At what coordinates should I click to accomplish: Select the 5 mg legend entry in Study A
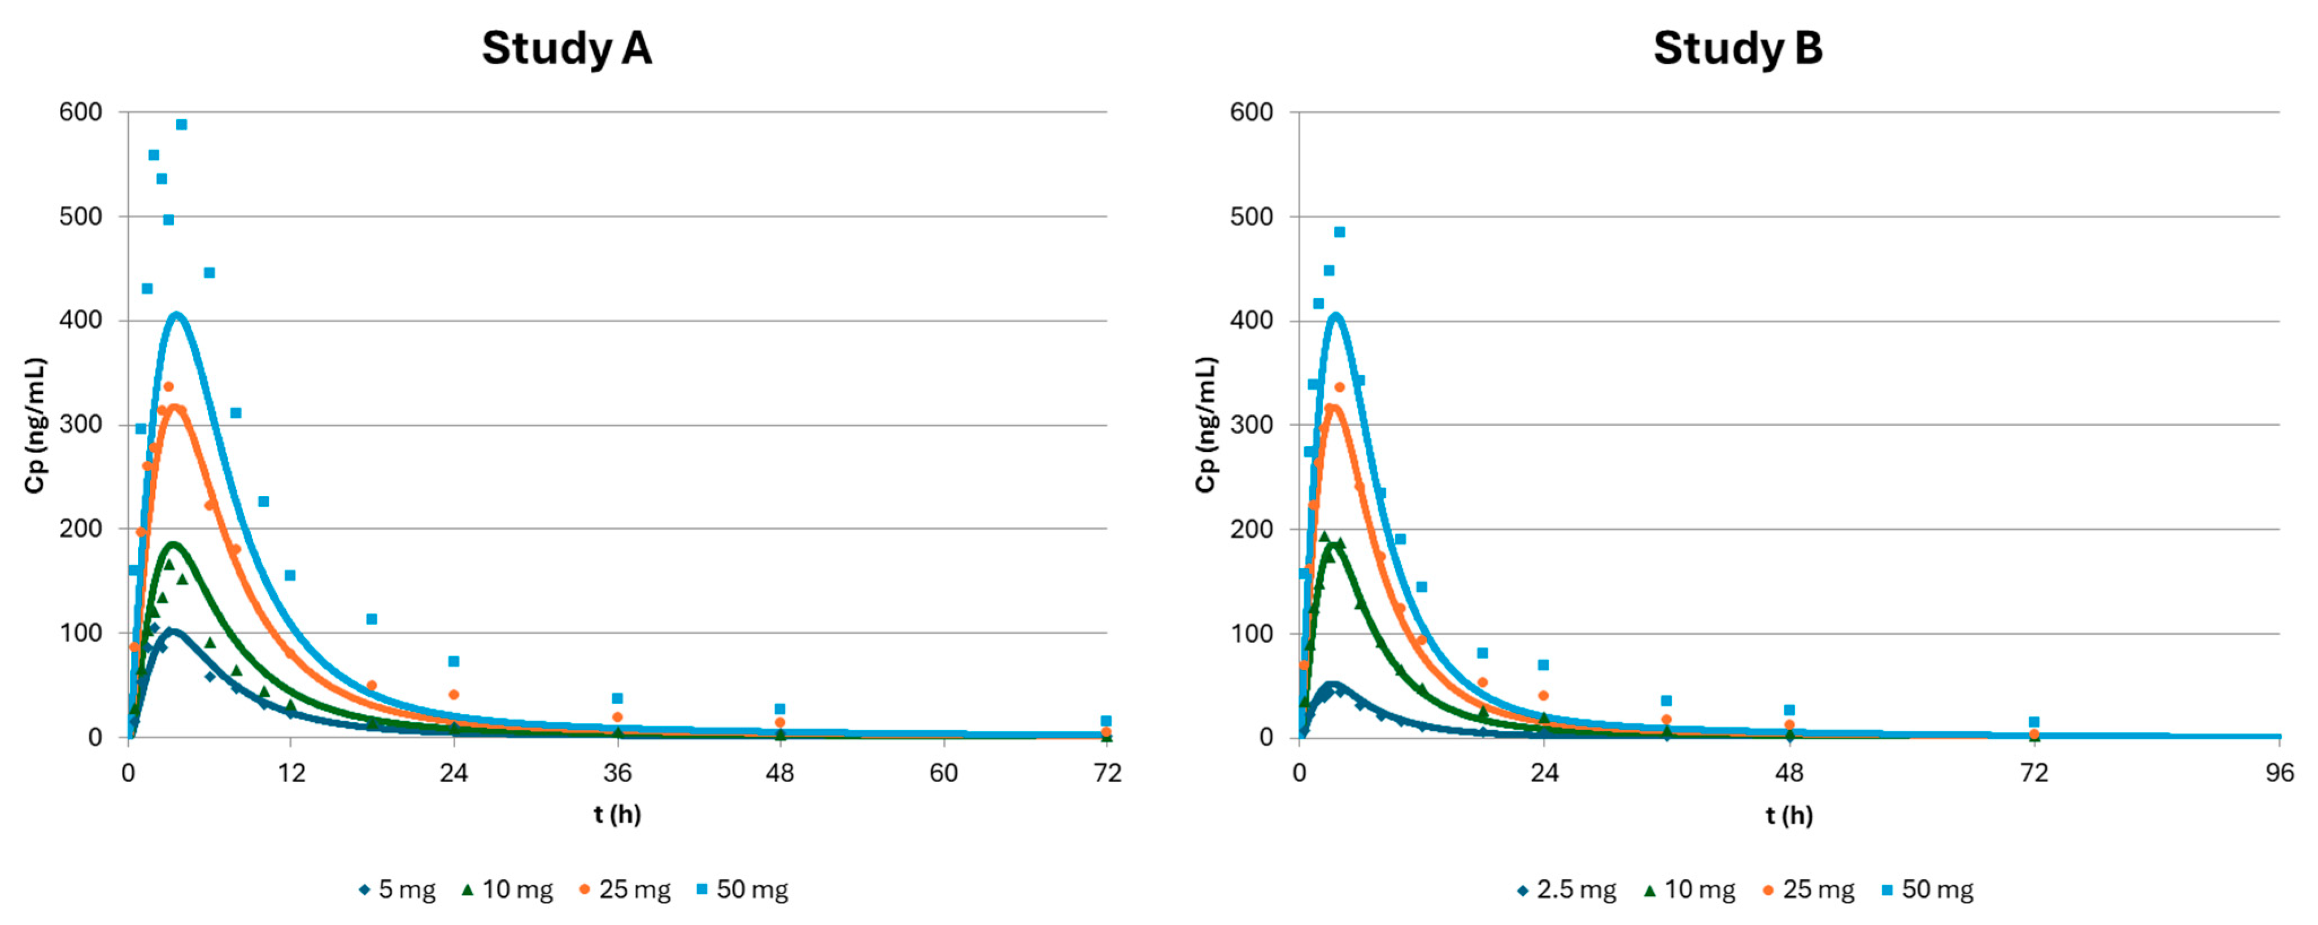pos(397,890)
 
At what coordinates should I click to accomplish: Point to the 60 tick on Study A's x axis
pos(943,773)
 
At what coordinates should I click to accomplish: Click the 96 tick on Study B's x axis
pos(2279,773)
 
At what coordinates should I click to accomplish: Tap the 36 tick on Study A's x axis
pos(617,773)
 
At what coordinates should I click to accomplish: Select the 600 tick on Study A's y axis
pos(81,112)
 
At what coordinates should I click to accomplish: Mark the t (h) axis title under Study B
pos(1789,815)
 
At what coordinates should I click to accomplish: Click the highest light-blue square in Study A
pos(181,124)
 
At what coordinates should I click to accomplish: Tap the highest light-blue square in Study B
pos(1339,232)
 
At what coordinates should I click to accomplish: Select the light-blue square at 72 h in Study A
pos(1106,721)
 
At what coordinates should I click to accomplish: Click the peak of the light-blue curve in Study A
pos(176,314)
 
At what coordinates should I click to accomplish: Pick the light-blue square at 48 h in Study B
pos(1789,710)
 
